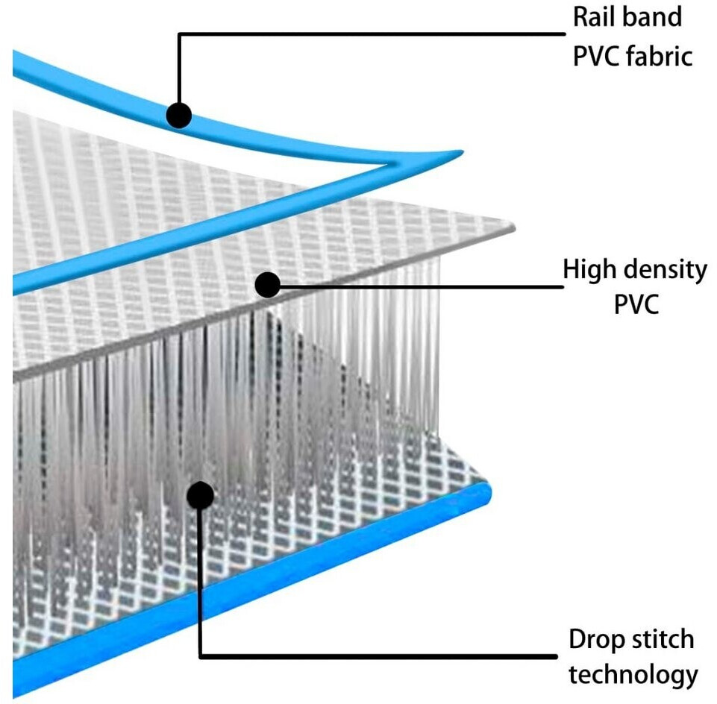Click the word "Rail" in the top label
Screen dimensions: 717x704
(590, 17)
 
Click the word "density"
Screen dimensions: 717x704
(660, 270)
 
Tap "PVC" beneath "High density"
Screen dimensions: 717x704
(636, 304)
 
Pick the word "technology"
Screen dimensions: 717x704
(633, 676)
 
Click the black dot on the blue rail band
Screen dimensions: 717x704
(179, 115)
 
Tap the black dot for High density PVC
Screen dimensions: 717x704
(268, 285)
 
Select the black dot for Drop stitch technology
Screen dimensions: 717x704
(200, 494)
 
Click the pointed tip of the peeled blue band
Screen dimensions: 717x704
(463, 151)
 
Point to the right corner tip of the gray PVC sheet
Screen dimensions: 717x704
(514, 227)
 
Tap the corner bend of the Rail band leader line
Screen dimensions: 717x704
(180, 34)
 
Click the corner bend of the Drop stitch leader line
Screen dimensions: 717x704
(201, 656)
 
